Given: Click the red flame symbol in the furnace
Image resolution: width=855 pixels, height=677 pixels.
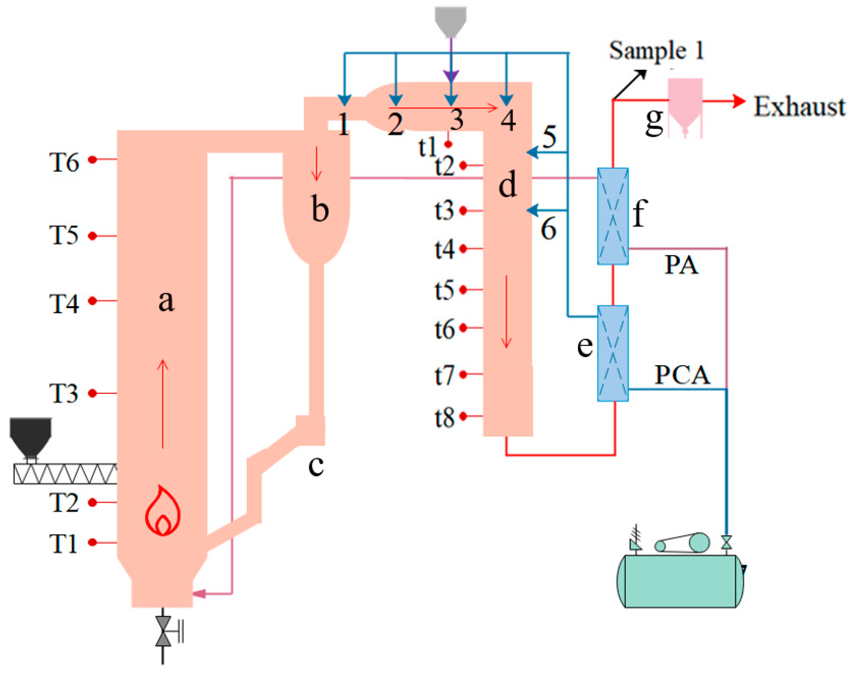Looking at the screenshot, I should click(x=163, y=512).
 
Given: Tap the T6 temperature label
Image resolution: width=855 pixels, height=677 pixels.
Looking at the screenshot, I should click(x=64, y=163).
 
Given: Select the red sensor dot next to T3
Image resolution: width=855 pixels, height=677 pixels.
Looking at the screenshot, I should click(x=93, y=393).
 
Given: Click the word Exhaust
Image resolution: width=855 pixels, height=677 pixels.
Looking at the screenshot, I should click(x=799, y=107).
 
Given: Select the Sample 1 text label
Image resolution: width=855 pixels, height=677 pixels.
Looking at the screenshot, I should click(x=656, y=51).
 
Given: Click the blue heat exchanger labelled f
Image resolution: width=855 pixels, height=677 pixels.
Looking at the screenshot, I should click(x=613, y=216).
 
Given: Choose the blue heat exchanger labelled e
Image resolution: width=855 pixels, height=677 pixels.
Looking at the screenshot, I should click(x=613, y=353).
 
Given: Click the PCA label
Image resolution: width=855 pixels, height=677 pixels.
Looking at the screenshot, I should click(x=682, y=375).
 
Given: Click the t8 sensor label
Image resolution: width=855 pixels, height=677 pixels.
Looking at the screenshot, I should click(x=444, y=417).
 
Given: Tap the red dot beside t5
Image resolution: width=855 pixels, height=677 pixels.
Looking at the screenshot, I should click(x=463, y=289).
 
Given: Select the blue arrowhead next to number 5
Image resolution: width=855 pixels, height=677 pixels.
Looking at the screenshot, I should click(x=532, y=152).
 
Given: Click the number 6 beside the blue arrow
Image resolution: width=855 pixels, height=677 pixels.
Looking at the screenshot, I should click(x=548, y=229).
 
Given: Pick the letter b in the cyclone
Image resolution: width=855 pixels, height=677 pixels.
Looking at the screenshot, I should click(x=320, y=209).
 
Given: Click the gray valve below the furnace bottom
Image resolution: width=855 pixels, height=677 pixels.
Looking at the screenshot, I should click(x=163, y=631).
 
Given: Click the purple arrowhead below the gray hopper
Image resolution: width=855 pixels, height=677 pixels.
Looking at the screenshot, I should click(x=451, y=76).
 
